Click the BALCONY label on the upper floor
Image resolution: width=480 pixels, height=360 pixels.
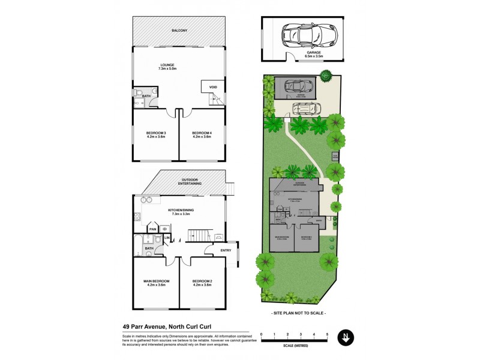point(179,30)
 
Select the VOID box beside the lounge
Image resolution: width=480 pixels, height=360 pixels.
point(212,86)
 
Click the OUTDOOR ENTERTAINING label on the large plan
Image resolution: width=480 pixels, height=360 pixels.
point(191,181)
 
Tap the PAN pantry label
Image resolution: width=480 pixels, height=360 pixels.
point(153,229)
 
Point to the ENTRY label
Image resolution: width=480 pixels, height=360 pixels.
point(226,250)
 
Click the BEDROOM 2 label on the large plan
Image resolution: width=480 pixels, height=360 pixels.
point(202,283)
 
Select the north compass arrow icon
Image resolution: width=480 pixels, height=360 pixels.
point(345,337)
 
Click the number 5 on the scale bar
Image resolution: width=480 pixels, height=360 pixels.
point(327,333)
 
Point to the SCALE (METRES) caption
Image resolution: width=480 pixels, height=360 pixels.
point(294,346)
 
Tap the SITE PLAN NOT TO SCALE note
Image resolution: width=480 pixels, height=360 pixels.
point(298,313)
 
